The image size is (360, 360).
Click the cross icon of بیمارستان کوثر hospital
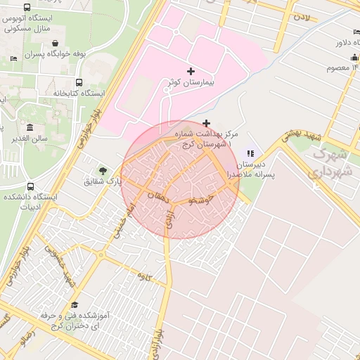pos(191,71)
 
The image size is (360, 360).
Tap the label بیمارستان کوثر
pos(192,82)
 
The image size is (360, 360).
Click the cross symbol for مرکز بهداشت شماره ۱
pos(206,123)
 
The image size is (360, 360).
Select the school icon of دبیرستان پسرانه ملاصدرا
pos(250,154)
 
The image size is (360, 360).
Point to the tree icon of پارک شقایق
pos(103,171)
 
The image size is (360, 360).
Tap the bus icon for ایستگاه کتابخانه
pos(78,82)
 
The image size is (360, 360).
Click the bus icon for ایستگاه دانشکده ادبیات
pos(30,186)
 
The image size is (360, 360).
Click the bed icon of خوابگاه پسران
pos(14,58)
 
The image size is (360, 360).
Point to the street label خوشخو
pos(202,200)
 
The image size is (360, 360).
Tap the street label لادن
pos(302,16)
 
